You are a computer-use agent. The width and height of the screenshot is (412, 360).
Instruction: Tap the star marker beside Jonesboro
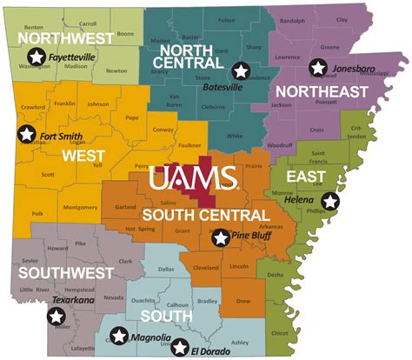pos(319,67)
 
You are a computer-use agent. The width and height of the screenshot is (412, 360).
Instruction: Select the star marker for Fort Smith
pos(28,134)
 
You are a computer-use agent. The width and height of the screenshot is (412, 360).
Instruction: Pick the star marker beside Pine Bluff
pos(221,237)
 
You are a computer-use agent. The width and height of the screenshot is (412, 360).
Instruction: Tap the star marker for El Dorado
pos(180,347)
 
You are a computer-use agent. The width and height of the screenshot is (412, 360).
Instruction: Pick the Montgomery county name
pos(80,207)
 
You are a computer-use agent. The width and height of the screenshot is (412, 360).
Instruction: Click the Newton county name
pos(116,71)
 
